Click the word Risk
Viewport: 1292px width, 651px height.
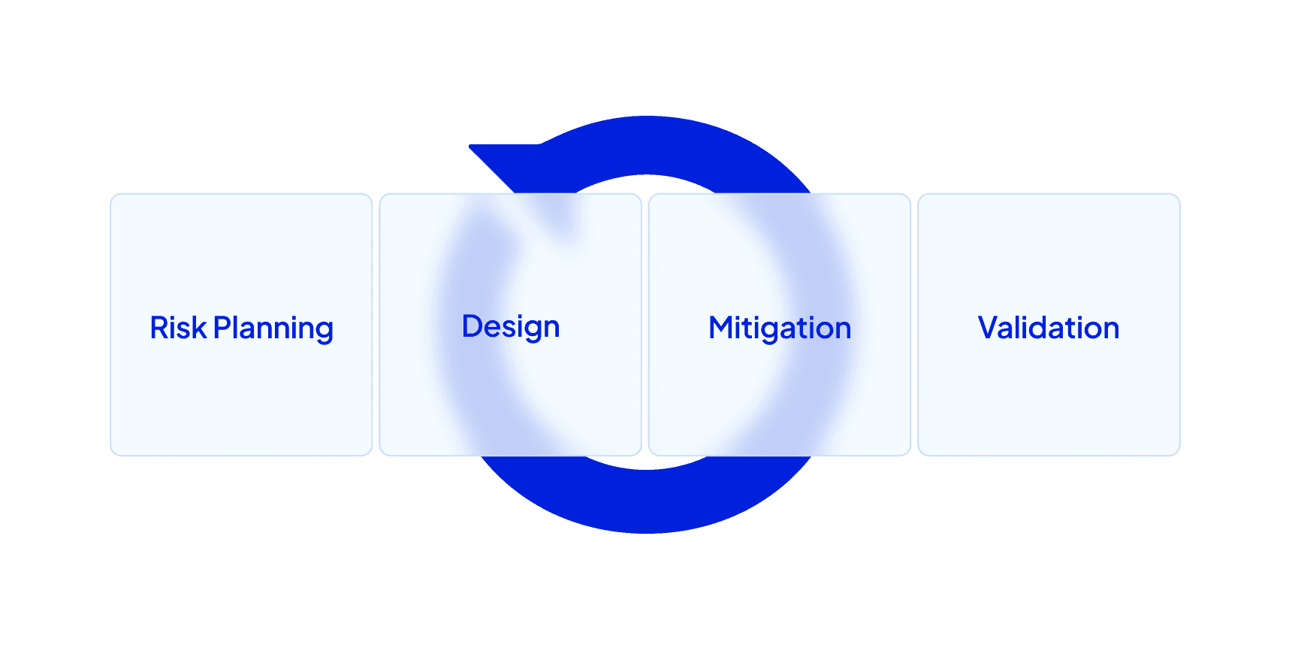coord(178,328)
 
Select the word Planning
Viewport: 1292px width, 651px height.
coord(273,329)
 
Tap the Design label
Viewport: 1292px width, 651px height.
coord(511,327)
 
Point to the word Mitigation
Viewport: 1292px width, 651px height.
coord(780,329)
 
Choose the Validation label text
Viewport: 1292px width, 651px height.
coord(1049,328)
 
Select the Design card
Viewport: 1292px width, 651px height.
coord(510,398)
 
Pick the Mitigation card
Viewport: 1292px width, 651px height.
coord(780,398)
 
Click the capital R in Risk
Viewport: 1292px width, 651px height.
coord(158,328)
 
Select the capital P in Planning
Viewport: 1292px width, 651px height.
coord(222,328)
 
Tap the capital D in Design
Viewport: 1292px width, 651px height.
coord(472,326)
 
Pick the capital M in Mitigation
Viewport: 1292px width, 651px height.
coord(722,328)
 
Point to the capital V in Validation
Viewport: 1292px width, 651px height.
coord(989,328)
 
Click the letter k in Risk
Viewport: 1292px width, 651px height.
coord(198,328)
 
